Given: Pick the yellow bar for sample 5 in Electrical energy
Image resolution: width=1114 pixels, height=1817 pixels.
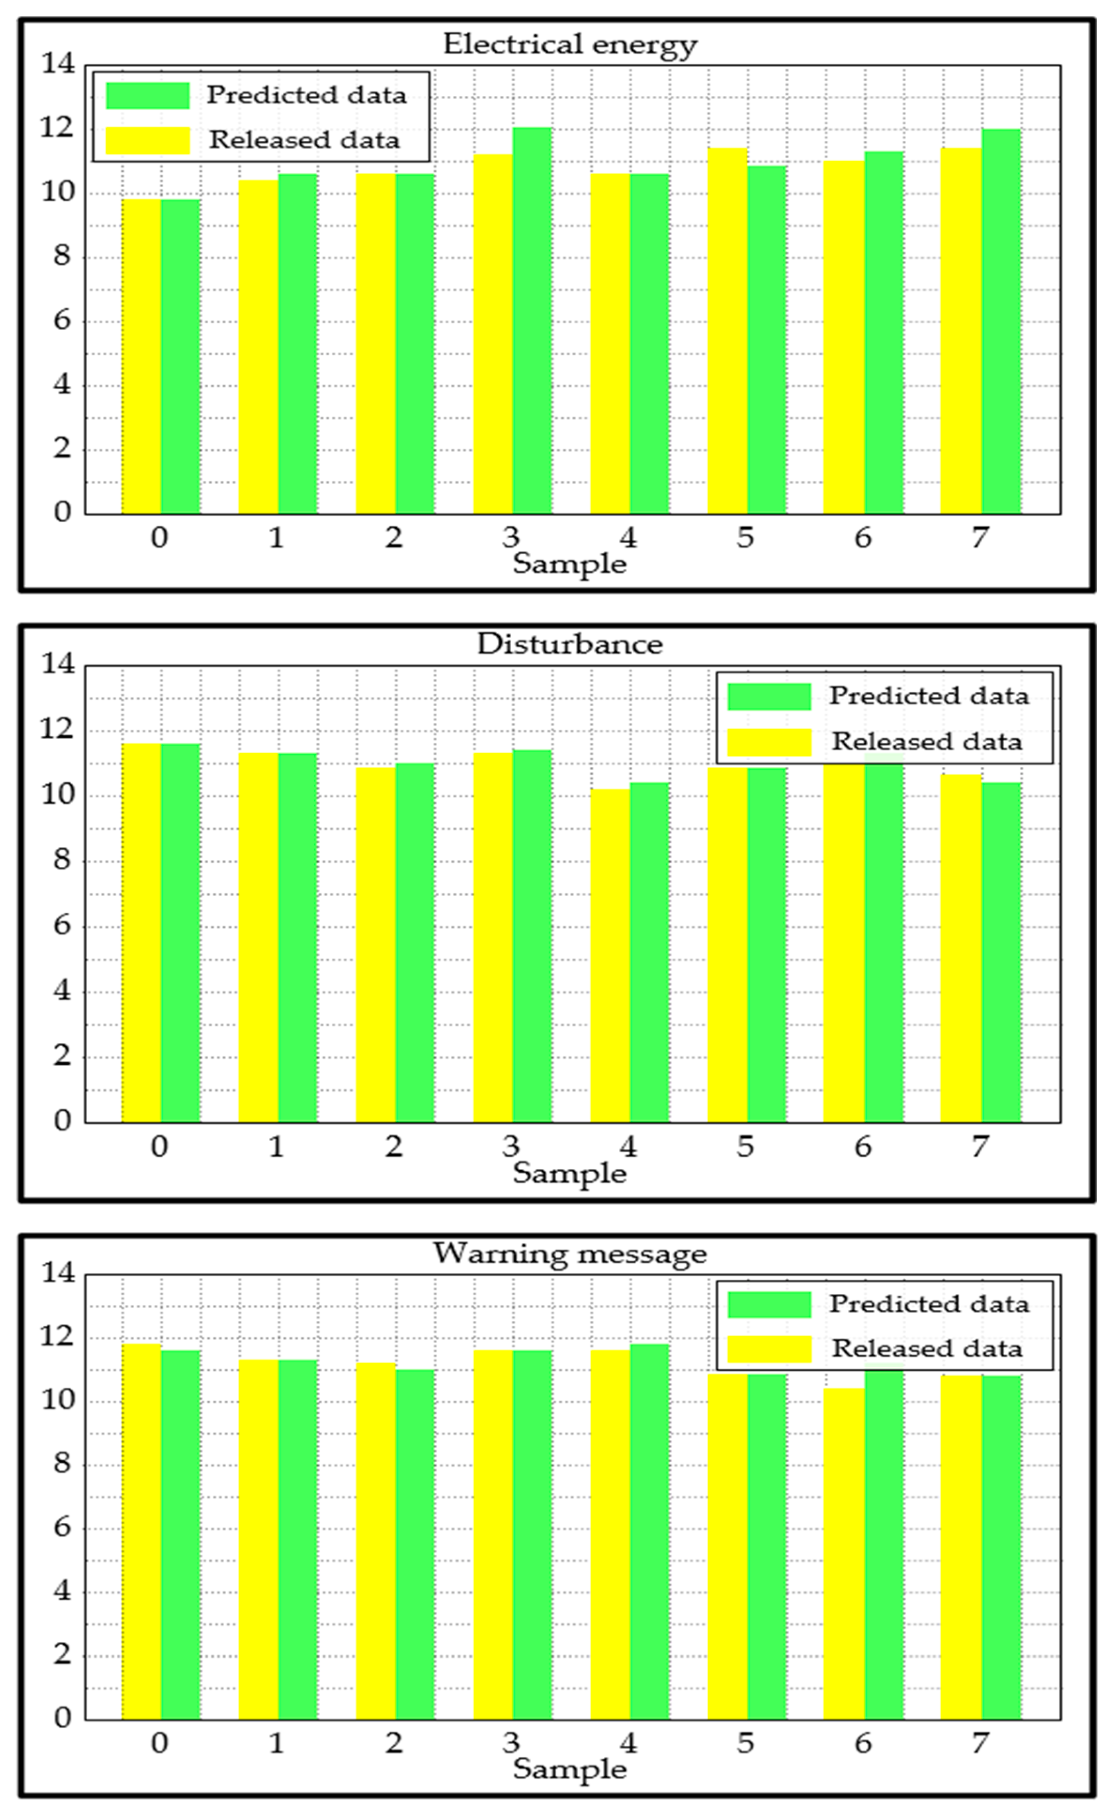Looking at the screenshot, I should [728, 331].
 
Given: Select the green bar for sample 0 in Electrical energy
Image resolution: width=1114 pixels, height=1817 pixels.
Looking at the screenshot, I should [181, 357].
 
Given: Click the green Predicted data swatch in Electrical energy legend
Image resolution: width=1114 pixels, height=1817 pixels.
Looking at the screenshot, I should [147, 96].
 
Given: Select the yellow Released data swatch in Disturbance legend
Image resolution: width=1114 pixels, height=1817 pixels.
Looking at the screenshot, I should [769, 742].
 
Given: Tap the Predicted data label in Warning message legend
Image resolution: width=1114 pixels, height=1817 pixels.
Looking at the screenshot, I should [929, 1304].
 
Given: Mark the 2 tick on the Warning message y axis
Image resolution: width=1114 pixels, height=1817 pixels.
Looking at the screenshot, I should [63, 1654].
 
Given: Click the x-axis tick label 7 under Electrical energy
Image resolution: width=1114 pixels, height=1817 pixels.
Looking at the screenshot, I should [979, 538].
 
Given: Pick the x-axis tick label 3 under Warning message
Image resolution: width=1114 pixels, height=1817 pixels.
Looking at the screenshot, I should [511, 1743].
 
